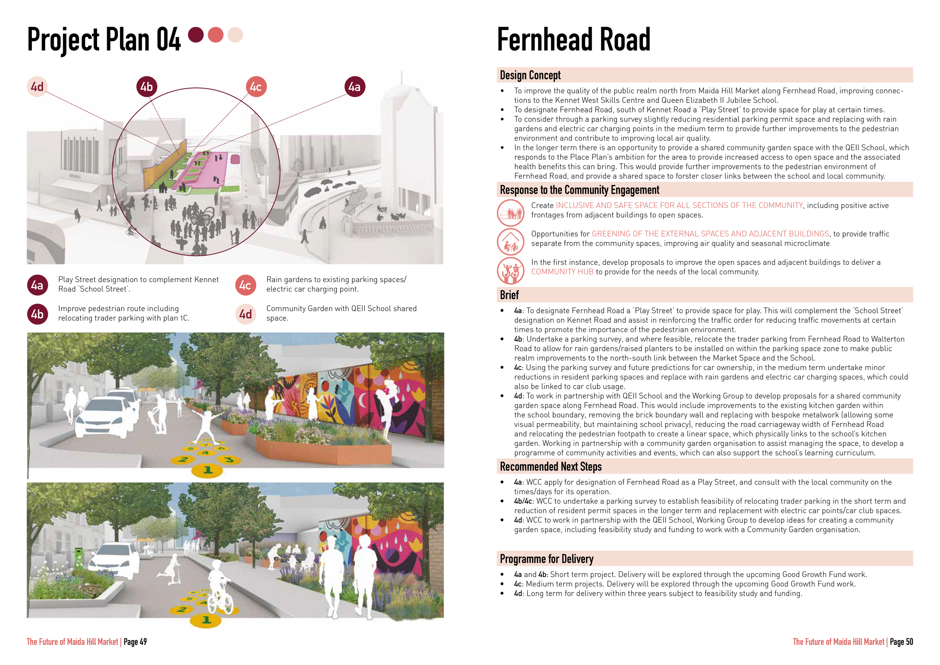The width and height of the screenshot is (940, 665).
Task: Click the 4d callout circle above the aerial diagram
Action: tap(37, 87)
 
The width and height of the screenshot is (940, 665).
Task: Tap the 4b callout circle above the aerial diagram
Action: tap(147, 87)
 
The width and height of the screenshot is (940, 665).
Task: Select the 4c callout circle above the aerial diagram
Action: tap(256, 87)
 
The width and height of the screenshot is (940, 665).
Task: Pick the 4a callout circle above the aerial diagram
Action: tap(355, 87)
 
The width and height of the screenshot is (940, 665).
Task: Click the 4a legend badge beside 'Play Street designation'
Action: tap(37, 285)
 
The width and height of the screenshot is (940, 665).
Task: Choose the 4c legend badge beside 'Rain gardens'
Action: tap(245, 285)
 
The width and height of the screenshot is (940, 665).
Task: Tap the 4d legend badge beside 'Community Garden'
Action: tap(245, 314)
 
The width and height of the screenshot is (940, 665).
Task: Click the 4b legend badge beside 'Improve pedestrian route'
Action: tap(37, 314)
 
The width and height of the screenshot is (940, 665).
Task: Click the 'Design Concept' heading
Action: tap(530, 75)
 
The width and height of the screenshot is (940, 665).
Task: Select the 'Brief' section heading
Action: tap(509, 295)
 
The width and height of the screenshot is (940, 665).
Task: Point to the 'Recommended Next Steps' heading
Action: tap(551, 466)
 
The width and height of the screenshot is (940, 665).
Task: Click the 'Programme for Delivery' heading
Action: tap(547, 559)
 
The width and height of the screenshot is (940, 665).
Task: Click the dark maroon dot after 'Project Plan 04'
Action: tap(196, 35)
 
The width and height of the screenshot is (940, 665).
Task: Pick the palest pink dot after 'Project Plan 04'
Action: tap(235, 35)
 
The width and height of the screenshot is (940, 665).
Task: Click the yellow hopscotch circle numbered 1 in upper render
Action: tap(208, 470)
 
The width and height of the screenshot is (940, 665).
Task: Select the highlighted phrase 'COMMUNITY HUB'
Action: tap(562, 272)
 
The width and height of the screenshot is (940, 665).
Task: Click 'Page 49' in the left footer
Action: tap(135, 642)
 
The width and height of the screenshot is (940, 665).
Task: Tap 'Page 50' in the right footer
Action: tap(901, 642)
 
